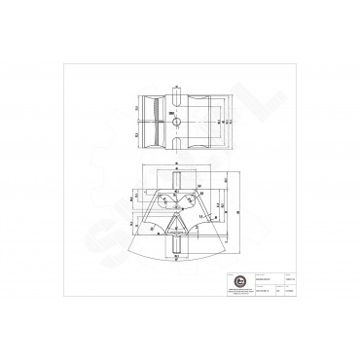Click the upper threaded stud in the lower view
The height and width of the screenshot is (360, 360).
[x=176, y=179]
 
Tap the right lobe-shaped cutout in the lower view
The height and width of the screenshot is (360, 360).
[x=192, y=205]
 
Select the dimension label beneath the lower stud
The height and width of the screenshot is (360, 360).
[x=176, y=267]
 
